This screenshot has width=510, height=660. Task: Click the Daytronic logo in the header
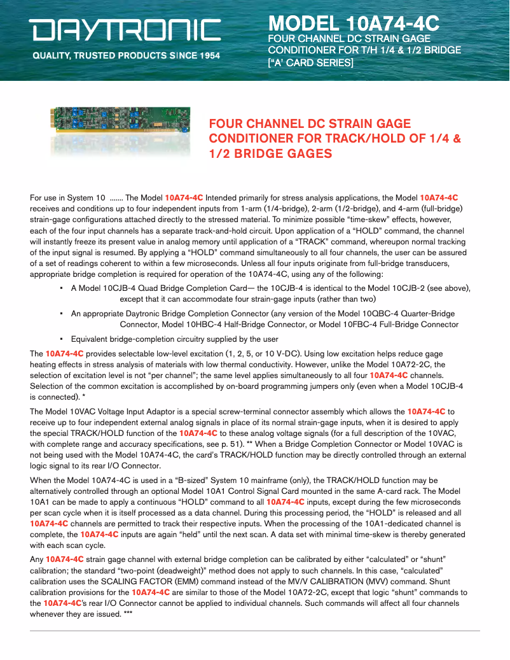coord(124,30)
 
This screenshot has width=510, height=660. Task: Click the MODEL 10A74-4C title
coord(354,24)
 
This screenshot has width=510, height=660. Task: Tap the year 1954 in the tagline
coord(209,55)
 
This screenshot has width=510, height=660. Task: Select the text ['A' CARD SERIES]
coord(310,62)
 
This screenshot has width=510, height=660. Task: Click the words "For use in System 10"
coord(67,197)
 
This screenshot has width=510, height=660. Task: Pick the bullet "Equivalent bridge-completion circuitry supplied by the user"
coord(174,339)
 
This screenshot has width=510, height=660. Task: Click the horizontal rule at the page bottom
coord(254,631)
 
